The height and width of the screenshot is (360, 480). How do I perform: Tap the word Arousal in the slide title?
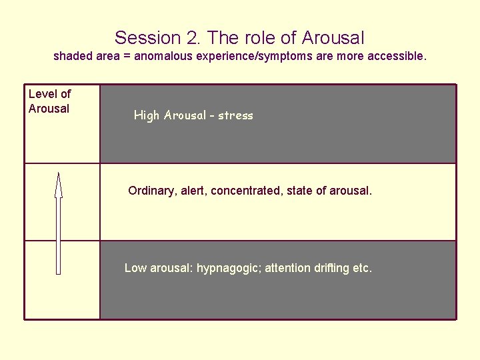click(x=333, y=38)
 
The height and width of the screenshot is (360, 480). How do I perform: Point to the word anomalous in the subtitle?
click(x=163, y=57)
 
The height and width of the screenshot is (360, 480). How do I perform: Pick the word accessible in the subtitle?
click(x=399, y=57)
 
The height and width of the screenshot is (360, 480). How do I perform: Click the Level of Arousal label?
click(x=49, y=101)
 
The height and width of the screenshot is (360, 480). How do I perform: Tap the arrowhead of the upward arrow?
click(x=59, y=185)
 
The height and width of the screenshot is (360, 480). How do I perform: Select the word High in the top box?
click(x=147, y=115)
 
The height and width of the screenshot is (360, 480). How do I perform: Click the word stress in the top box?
click(x=235, y=115)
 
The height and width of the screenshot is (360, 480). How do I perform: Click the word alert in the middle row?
click(x=194, y=191)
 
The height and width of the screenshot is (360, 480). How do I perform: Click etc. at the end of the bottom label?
click(x=362, y=269)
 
